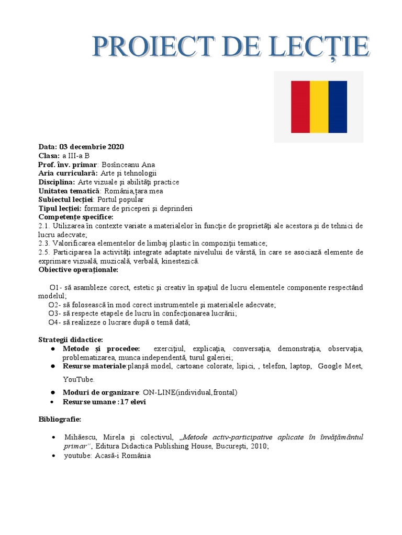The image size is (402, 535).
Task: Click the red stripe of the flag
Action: pos(300,107)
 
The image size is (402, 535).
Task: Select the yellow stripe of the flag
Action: pos(319,107)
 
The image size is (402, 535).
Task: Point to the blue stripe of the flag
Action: pos(338,107)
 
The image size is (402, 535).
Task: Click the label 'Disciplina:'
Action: pos(57,182)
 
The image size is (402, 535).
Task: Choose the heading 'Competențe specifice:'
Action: pos(75,217)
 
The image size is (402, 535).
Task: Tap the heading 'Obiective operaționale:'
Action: pos(79,270)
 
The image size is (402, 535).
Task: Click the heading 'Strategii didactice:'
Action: pos(71,340)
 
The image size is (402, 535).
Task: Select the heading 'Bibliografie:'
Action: pos(60,420)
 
